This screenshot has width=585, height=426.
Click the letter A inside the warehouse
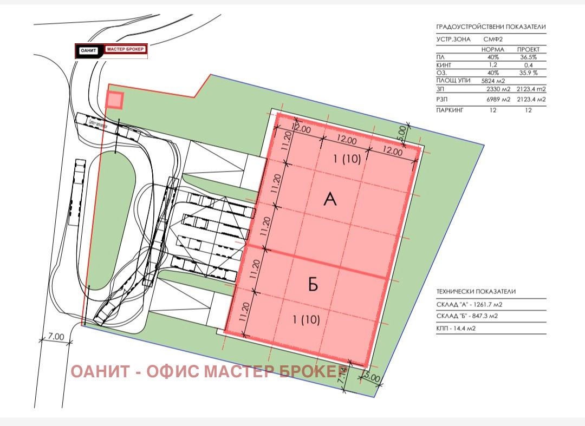pos(330,199)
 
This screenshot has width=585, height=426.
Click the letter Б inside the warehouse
pos(313,285)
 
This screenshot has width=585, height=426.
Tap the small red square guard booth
pos(114,100)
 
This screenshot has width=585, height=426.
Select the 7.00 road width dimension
pos(55,337)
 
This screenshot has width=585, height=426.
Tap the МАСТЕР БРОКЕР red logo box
pos(125,50)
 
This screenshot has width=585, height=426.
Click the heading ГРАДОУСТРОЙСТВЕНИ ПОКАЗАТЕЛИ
pos(491,27)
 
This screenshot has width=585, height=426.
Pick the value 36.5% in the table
pos(526,57)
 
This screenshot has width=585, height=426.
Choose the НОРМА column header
pos(492,49)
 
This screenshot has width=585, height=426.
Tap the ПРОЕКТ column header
pos(528,49)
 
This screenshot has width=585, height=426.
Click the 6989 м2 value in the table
pos(495,99)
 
